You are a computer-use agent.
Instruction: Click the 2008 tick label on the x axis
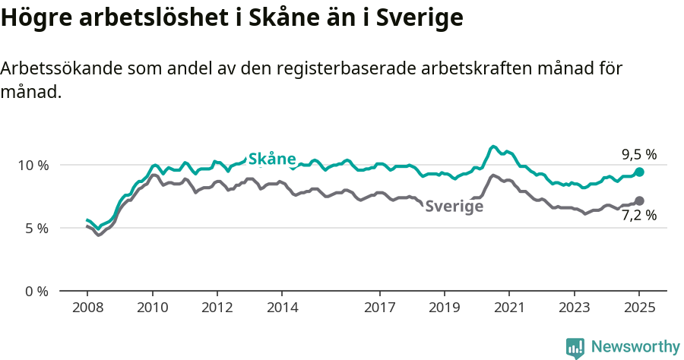pos(87,308)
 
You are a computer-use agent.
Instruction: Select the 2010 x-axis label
pos(152,308)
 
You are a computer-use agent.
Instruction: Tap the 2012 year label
pos(217,308)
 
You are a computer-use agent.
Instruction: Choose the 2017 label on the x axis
pos(379,308)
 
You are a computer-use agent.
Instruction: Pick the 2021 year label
pos(509,308)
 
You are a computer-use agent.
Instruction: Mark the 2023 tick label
pos(574,308)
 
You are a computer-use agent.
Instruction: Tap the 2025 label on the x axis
pos(639,308)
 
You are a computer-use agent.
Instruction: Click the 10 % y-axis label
pos(33,165)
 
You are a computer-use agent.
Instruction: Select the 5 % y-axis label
pos(36,228)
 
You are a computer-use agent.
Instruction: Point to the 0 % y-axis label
pos(36,291)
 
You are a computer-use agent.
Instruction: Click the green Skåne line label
pos(272,159)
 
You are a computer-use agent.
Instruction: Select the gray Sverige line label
pos(454,206)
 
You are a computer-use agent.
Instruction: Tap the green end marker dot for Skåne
pos(639,172)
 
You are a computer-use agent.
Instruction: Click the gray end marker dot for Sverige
pos(639,201)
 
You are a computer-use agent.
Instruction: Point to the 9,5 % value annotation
pos(638,154)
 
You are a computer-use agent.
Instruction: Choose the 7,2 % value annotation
pos(638,216)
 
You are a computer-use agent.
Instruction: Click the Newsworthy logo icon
pos(575,348)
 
